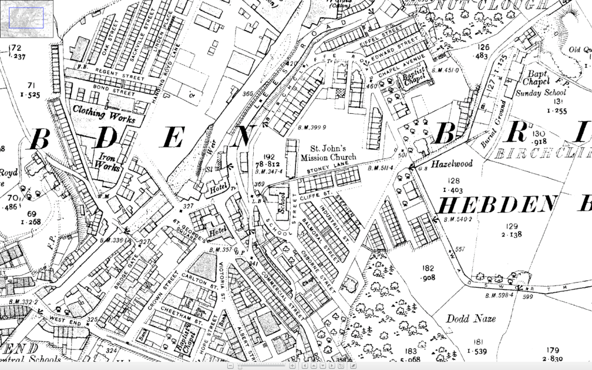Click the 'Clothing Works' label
(104, 113)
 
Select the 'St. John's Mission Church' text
(327, 152)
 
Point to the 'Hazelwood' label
(451, 164)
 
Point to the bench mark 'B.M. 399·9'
(312, 127)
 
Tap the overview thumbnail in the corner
(27, 16)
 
